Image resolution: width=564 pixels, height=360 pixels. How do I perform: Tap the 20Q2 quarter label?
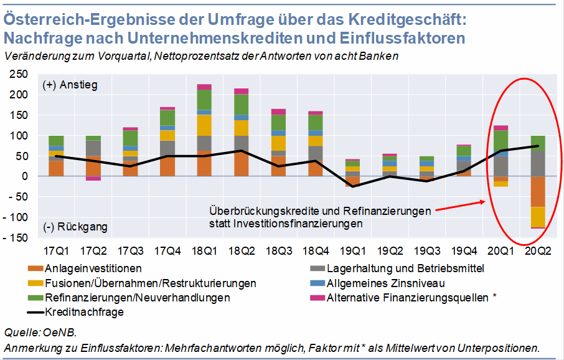(x=537, y=251)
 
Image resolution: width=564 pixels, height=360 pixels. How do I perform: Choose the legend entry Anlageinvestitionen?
(x=93, y=268)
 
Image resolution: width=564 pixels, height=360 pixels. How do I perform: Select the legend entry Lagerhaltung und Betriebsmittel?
(x=405, y=268)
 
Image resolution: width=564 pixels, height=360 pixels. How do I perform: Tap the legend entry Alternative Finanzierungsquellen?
(x=411, y=297)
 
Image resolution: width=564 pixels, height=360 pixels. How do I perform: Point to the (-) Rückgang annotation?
(x=72, y=226)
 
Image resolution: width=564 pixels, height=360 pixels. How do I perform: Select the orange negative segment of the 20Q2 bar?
(x=537, y=191)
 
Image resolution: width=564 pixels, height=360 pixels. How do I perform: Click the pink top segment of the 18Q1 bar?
(x=204, y=87)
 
